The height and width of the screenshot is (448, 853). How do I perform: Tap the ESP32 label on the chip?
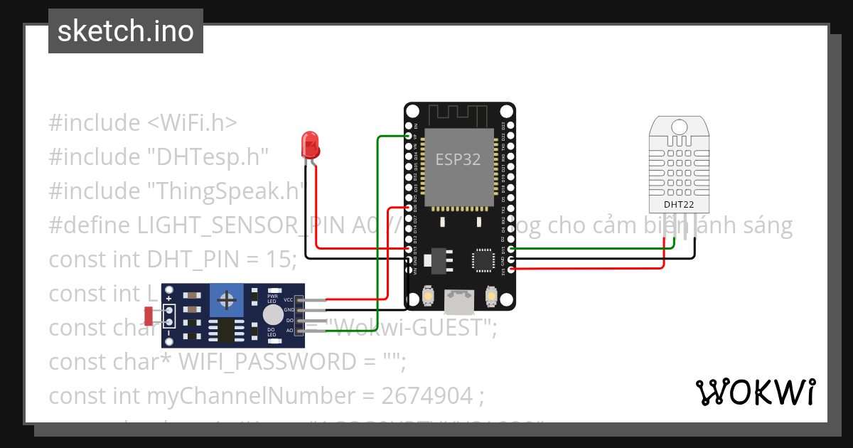pos(458,160)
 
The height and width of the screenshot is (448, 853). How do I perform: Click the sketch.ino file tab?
pos(126,31)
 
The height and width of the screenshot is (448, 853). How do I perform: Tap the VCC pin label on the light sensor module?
pos(289,300)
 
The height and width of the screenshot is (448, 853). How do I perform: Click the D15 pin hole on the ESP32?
pos(510,250)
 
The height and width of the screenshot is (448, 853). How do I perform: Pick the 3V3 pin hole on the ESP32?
pos(510,269)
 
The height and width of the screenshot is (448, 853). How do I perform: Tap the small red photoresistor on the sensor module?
pos(149,314)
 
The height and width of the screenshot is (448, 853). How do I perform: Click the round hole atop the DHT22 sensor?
pos(679,128)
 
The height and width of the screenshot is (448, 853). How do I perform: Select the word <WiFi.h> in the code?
pos(192,123)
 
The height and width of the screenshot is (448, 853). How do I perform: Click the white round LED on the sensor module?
pos(273,316)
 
